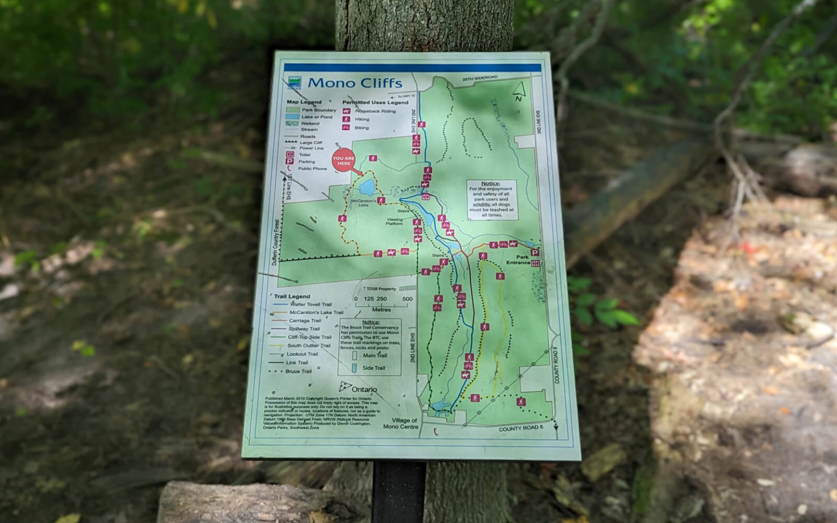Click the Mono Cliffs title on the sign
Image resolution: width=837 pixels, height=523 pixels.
355,83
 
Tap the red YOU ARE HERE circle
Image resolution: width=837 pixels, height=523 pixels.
343,161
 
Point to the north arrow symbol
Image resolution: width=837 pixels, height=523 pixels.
519,91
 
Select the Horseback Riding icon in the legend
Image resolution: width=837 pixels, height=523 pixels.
346,111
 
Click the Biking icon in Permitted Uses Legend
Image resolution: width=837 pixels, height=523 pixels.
345,127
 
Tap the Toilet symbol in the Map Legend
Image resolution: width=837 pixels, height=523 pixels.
290,155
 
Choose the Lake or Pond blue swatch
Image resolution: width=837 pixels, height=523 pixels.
293,117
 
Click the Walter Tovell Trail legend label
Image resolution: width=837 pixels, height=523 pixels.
311,304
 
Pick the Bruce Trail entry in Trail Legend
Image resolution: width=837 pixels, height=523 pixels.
298,371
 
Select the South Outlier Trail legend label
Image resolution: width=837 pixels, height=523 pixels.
308,345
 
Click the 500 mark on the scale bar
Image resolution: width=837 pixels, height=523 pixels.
407,299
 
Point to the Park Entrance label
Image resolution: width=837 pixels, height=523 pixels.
519,260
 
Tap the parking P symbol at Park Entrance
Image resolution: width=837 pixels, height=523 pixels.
535,253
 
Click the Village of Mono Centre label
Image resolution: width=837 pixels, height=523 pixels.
401,423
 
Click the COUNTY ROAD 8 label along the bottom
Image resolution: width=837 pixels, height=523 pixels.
520,429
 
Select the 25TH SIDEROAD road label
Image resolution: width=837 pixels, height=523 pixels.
480,78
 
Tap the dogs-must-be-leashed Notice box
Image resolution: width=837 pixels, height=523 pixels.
491,199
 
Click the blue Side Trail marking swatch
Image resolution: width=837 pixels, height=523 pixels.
354,368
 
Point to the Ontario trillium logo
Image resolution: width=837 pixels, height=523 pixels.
345,387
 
